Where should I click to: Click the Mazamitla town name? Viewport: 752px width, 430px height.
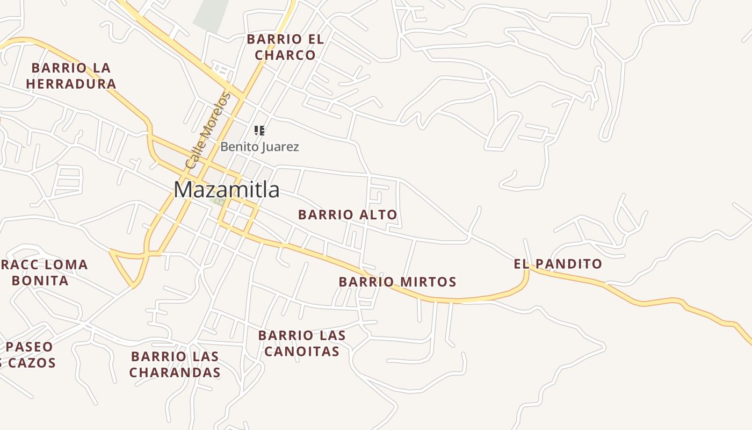coord(226,190)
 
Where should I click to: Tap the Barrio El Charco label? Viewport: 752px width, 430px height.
coord(285,47)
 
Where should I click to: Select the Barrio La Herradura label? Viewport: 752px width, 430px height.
coord(71,76)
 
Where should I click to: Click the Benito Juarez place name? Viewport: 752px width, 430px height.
coord(259,147)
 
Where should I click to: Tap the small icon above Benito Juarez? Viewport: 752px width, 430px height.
coord(259,131)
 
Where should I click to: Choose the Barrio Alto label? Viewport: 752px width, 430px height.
coord(348,215)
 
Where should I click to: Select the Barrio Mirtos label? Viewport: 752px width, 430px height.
coord(397,282)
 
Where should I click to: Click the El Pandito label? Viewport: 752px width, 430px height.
coord(558,264)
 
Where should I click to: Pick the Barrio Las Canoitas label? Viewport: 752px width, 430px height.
coord(302,343)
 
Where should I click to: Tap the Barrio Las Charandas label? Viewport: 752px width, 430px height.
coord(175,364)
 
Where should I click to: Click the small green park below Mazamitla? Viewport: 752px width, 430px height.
coord(219,202)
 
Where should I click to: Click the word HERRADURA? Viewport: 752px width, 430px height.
coord(71,84)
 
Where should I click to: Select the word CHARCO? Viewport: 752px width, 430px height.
coord(285,55)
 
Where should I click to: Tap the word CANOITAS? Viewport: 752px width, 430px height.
coord(302,352)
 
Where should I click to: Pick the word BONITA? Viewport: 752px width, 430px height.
coord(40,281)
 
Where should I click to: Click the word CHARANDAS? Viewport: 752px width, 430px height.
coord(175,372)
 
